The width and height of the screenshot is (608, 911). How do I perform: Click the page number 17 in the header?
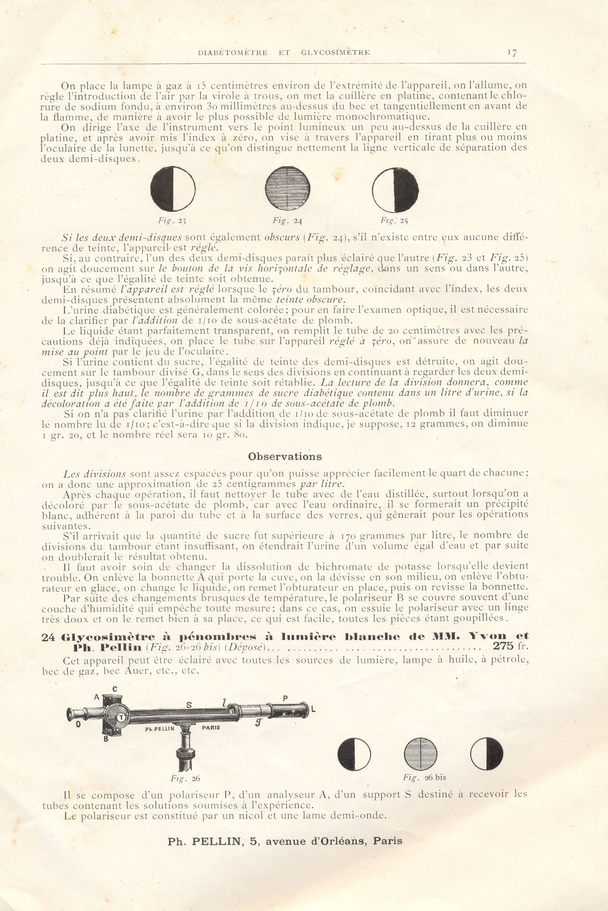click(512, 53)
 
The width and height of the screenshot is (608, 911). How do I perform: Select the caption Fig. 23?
click(172, 221)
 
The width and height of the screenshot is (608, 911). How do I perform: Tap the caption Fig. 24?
click(288, 221)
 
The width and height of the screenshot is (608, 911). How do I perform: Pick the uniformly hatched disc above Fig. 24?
click(288, 189)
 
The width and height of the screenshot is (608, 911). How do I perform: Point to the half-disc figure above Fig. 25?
click(395, 190)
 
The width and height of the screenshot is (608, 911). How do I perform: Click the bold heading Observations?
click(285, 456)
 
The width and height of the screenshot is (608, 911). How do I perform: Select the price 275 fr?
click(510, 646)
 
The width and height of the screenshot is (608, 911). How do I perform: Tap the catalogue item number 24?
click(48, 637)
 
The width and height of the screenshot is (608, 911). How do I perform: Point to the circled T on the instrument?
click(121, 717)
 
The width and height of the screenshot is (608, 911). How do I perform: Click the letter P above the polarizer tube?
click(285, 698)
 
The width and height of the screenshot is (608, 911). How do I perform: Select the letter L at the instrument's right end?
click(313, 709)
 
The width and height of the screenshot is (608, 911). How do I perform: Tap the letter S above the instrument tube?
click(189, 705)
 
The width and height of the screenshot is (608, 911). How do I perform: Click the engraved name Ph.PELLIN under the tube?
click(160, 728)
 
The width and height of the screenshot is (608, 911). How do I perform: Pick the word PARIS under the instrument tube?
click(211, 727)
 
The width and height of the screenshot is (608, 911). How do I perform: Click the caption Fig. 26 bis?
click(424, 778)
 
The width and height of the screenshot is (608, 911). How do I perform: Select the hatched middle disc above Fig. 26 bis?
click(420, 754)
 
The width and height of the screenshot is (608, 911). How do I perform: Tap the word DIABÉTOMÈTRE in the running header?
click(233, 53)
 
